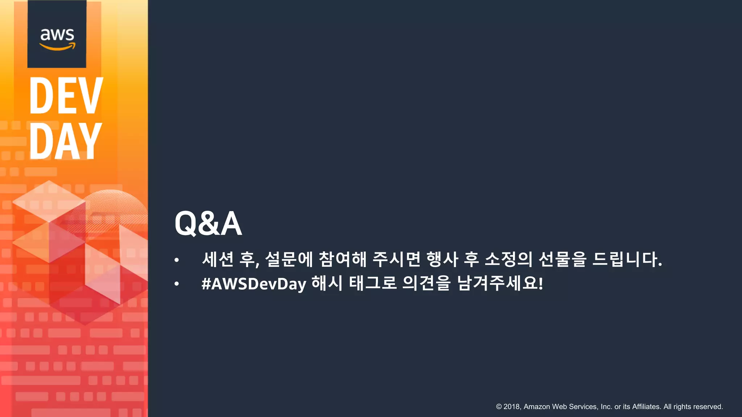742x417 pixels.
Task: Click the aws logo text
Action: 57,34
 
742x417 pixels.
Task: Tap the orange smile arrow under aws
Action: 57,47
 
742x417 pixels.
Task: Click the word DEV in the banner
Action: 66,96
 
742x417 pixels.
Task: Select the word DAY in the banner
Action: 65,141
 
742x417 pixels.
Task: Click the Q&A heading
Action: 208,224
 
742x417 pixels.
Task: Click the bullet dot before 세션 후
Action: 176,260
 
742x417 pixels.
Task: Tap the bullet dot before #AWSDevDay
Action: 176,284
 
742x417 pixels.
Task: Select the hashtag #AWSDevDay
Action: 254,284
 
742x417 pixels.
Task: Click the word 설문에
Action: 289,259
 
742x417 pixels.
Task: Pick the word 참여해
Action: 342,259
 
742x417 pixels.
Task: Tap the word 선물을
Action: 562,259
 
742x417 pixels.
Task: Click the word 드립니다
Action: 627,259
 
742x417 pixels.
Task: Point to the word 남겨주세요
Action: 500,283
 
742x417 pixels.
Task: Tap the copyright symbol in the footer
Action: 499,407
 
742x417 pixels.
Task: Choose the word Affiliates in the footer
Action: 646,407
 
